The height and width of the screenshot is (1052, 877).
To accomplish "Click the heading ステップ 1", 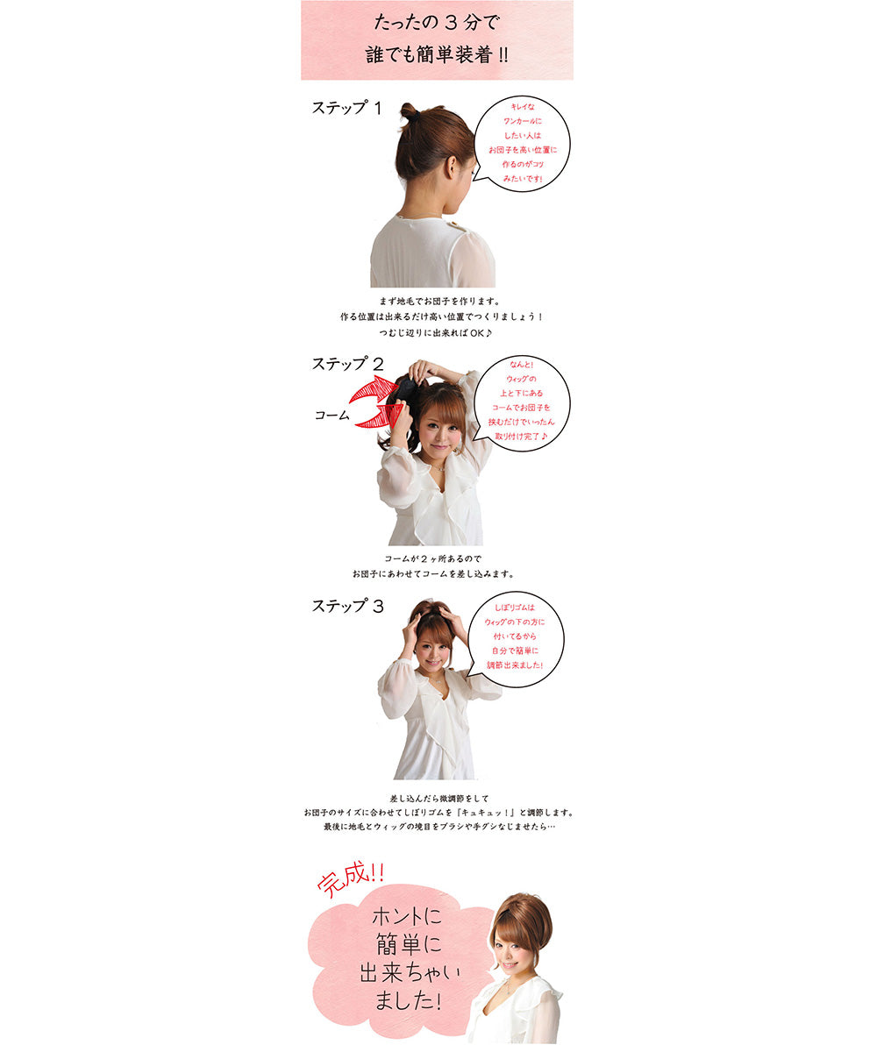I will pos(347,109).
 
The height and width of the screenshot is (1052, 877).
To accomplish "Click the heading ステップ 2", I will pos(347,364).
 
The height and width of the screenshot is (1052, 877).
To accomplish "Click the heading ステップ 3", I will pos(347,606).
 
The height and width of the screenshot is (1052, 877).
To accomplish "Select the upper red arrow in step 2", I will pos(374,389).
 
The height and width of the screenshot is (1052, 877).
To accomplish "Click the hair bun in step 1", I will pos(410,112).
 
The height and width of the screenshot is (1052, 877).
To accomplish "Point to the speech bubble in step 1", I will pos(522,143).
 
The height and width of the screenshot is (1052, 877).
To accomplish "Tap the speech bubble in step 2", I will pos(522,402).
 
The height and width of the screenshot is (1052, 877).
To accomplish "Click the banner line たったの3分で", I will pos(436,21).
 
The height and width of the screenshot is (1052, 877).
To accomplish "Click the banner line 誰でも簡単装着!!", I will pos(436,54).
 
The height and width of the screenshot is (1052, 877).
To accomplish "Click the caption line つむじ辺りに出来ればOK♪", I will pos(436,333).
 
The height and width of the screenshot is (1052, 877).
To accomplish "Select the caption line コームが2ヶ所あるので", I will pos(433,558).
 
